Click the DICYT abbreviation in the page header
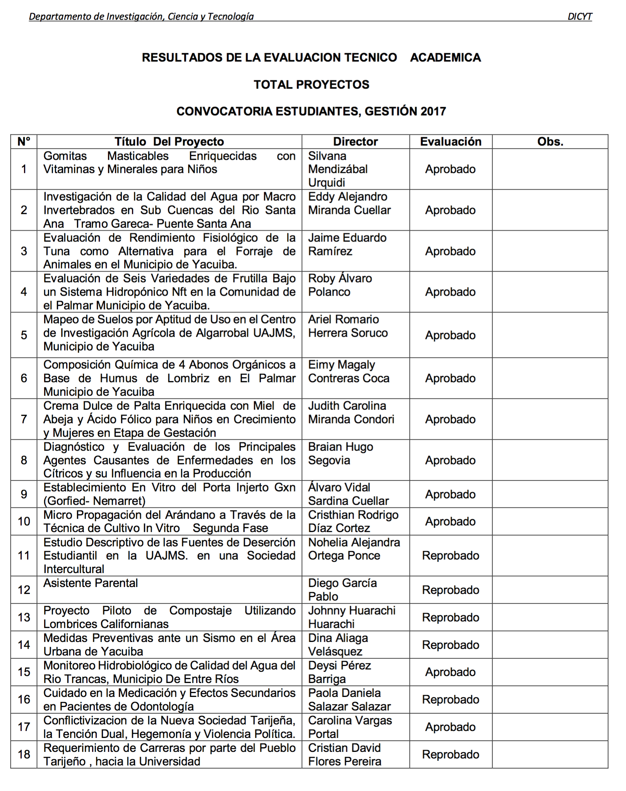point(579,17)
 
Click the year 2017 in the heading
point(433,111)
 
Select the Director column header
point(355,142)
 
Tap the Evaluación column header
point(451,142)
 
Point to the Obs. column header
point(550,142)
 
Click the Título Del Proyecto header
point(169,142)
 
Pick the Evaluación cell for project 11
point(450,556)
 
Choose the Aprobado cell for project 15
point(450,672)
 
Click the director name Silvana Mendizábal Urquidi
point(338,169)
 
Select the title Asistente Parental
point(91,583)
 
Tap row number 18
point(24,754)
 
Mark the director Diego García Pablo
point(342,590)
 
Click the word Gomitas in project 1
point(65,156)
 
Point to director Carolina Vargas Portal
point(350,727)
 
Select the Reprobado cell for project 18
point(450,754)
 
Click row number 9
point(24,494)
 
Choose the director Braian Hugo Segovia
point(340,454)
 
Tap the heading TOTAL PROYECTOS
point(311,85)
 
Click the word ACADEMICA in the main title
point(445,58)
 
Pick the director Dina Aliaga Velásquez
point(338,645)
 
